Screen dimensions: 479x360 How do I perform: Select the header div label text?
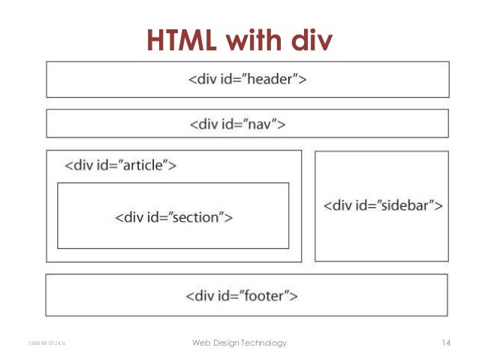[247, 79]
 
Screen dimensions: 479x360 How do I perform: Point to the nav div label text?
[236, 123]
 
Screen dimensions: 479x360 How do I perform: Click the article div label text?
[120, 165]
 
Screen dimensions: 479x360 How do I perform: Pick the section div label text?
[173, 218]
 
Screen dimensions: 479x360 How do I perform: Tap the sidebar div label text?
[382, 204]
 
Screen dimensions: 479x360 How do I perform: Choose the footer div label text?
[242, 295]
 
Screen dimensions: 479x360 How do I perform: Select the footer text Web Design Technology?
[239, 343]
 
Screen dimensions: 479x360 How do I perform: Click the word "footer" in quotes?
[269, 295]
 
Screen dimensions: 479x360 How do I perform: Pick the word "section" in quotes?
[201, 218]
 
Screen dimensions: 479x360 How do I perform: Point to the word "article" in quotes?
[147, 165]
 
